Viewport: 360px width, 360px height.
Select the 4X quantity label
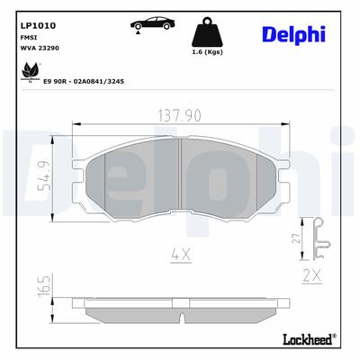181,255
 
